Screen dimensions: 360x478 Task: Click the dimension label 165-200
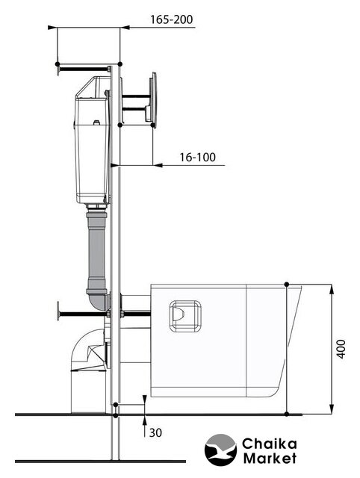pos(172,20)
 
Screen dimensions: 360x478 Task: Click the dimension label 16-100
pos(197,158)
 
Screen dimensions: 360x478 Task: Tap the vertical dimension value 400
pos(342,349)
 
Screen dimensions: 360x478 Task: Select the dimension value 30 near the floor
pos(155,433)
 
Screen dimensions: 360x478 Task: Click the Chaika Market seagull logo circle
pos(220,450)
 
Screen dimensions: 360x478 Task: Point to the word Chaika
pos(269,444)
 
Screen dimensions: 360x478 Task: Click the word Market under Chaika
pos(270,458)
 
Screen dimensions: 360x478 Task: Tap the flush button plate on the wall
pos(152,100)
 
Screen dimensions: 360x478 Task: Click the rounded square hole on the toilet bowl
pos(185,316)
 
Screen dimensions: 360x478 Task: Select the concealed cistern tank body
pos(93,140)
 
